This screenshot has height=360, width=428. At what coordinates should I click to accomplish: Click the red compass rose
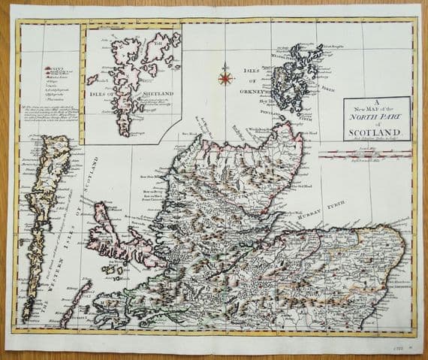click(x=224, y=76)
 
